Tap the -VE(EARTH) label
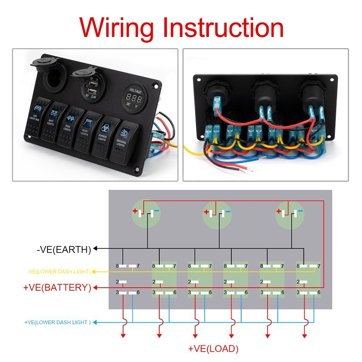tap(64, 249)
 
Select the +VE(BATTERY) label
tap(57, 288)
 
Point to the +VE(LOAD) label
tap(213, 349)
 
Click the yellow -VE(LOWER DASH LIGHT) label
tap(59, 271)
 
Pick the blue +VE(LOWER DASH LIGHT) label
tap(57, 322)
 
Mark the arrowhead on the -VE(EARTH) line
tap(96, 249)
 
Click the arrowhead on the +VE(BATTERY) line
tap(95, 288)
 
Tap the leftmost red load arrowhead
tap(123, 336)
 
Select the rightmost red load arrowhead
tap(304, 336)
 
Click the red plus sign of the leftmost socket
tap(135, 211)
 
